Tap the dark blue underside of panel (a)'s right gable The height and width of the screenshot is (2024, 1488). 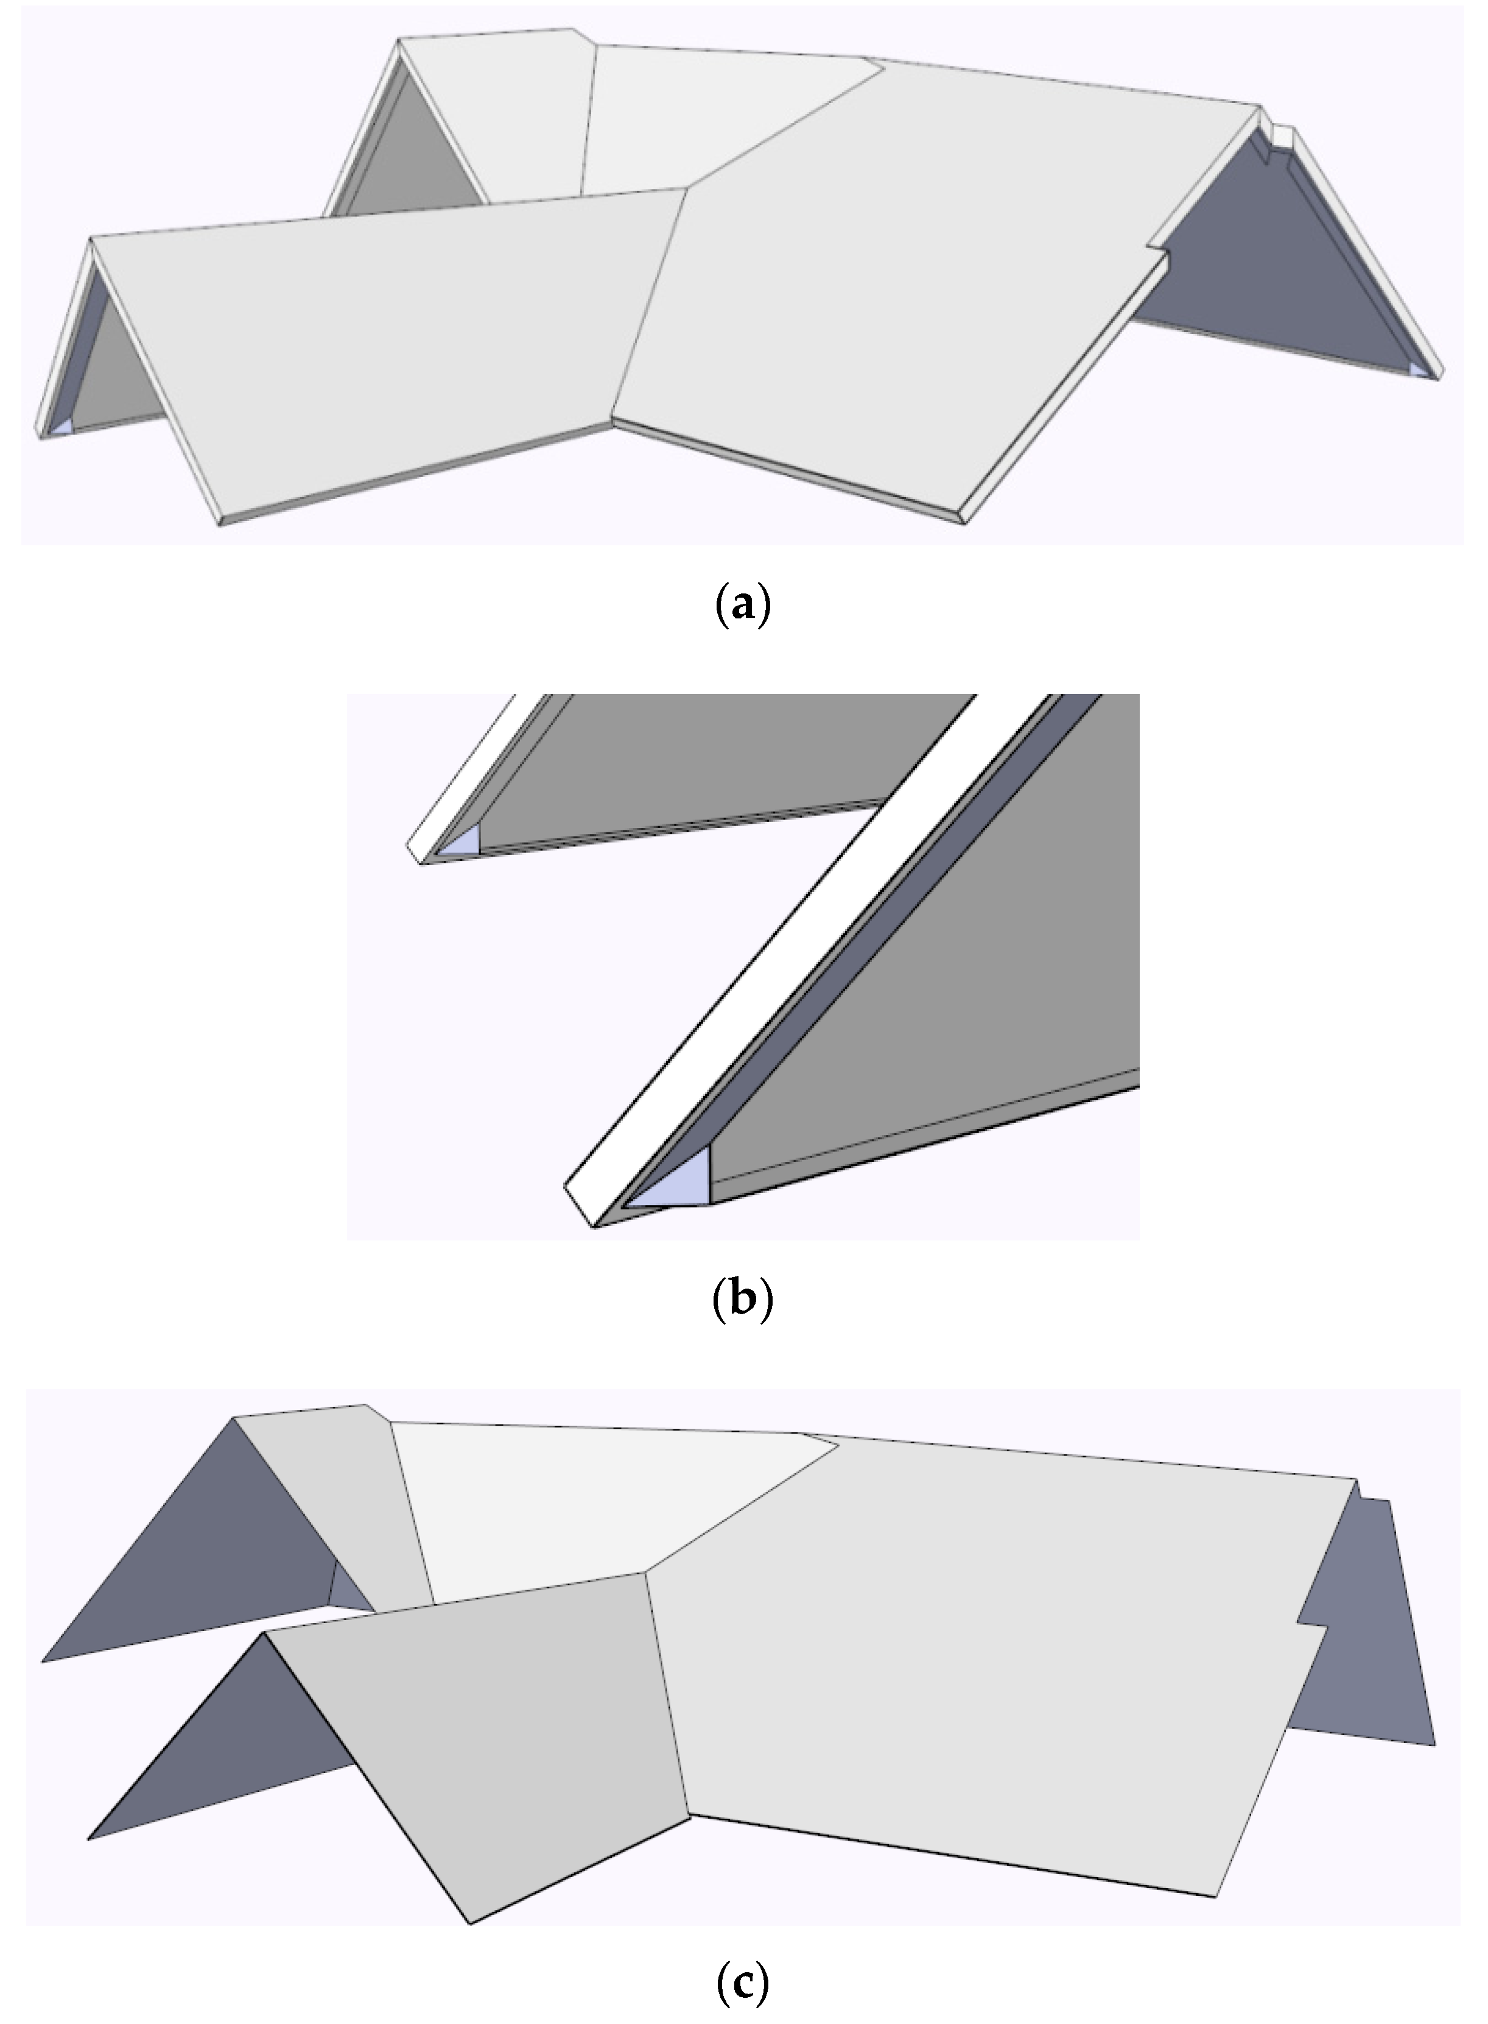pyautogui.click(x=1279, y=271)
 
